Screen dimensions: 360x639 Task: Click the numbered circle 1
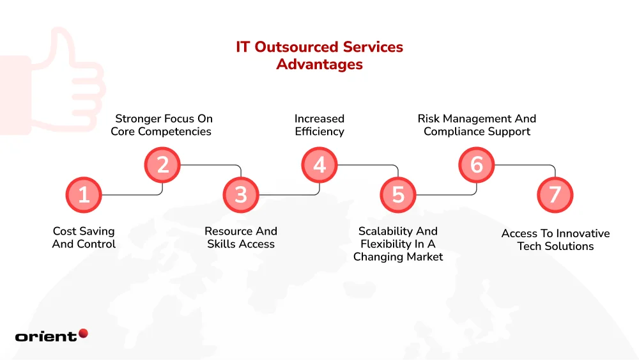[84, 195]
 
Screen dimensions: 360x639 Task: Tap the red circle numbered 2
[162, 165]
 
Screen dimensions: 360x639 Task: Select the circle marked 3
[241, 195]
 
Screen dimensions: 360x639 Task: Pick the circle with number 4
[319, 165]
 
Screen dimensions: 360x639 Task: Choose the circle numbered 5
[398, 195]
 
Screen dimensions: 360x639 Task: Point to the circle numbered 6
[477, 165]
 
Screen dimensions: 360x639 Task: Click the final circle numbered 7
[555, 195]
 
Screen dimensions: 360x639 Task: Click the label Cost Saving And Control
[84, 238]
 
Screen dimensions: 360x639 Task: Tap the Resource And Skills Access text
[241, 238]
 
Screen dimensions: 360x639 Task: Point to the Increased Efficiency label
[319, 125]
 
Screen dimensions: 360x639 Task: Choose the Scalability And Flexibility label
[398, 244]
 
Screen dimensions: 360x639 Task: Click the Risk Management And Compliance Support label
[477, 125]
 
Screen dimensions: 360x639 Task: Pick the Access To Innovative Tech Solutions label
[555, 240]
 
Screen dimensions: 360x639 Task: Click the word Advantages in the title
[319, 65]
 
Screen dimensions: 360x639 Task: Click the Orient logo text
[45, 336]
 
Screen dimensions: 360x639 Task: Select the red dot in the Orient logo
[82, 333]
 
